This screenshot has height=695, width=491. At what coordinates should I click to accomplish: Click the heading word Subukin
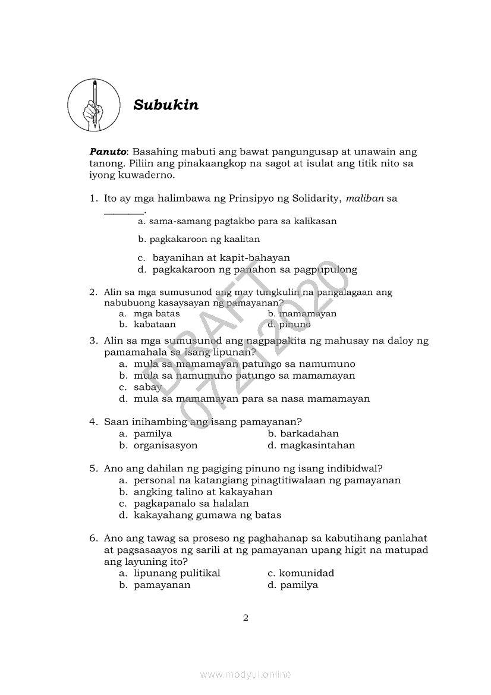coord(166,105)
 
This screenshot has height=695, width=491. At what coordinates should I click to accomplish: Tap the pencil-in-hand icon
coord(94,105)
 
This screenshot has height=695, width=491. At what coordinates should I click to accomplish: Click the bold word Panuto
coord(108,152)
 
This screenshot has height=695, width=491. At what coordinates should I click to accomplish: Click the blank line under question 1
coord(124,212)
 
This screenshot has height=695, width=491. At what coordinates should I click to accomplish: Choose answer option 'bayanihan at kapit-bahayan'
coord(221,258)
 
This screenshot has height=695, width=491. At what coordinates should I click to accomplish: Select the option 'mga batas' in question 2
coord(156,313)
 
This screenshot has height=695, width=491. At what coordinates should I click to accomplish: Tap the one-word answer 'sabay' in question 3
coord(147,387)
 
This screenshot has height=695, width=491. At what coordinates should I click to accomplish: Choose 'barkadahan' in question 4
coord(309,434)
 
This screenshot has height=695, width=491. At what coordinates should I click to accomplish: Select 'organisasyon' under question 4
coord(165,445)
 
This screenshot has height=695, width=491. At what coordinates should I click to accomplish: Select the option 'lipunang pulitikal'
coord(177,573)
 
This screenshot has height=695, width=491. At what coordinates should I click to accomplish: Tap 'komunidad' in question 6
coord(307,573)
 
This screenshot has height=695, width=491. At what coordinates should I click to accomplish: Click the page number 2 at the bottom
coord(245,618)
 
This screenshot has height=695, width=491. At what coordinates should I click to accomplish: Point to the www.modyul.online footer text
coord(245,674)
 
